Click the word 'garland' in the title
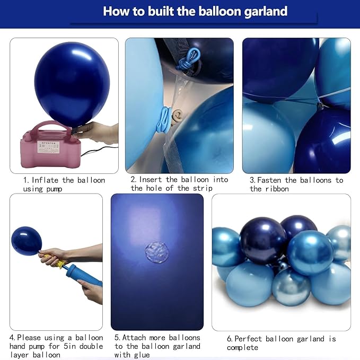[266, 12]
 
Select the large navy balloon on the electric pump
[72, 84]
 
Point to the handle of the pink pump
[54, 126]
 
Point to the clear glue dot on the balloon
[157, 252]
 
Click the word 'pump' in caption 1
[54, 189]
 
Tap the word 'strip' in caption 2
[203, 188]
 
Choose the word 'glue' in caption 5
[142, 355]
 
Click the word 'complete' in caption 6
[242, 347]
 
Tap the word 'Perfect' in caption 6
[248, 339]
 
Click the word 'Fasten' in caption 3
[269, 180]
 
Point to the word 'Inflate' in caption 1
[45, 180]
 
